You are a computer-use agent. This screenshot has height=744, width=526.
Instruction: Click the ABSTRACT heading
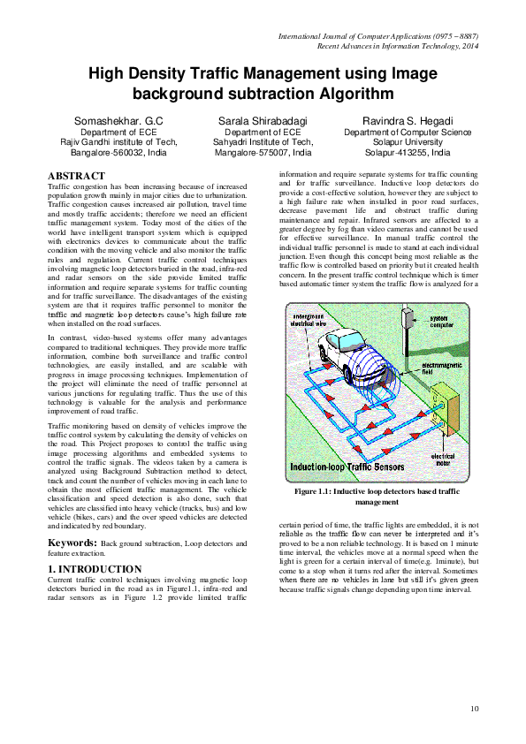point(75,177)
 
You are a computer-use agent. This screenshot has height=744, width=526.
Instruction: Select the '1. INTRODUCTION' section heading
point(95,568)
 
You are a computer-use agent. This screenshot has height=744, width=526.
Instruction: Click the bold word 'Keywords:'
point(73,542)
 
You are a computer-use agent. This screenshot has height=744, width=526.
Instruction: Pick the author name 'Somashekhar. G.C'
point(118,120)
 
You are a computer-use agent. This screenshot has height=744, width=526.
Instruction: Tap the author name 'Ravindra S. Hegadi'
point(408,120)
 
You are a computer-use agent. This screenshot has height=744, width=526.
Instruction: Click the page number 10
point(475,708)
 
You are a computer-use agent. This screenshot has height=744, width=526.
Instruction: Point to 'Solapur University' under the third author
point(408,141)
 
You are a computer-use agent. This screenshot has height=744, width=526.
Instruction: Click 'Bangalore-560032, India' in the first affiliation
point(118,152)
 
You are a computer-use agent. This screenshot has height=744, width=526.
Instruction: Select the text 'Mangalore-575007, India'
point(263,152)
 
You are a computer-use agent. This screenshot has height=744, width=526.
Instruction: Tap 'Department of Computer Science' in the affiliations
point(408,132)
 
